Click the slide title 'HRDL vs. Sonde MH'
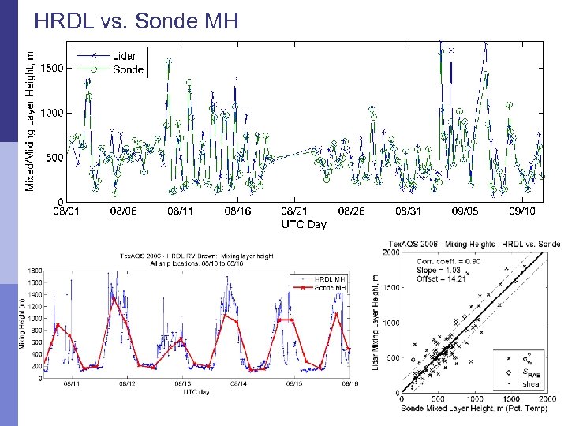tap(136, 21)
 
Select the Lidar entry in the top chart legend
tap(124, 55)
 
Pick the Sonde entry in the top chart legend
tap(128, 69)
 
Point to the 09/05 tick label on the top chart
tap(465, 211)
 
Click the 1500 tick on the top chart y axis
tap(52, 69)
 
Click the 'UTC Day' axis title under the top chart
tap(304, 224)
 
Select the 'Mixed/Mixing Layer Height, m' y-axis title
tap(30, 120)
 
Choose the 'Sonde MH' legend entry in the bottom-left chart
tap(330, 288)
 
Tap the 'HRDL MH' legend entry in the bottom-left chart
tap(330, 279)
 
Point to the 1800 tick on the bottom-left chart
tap(35, 271)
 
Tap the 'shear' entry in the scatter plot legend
tap(532, 384)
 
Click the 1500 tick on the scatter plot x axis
tap(512, 399)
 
